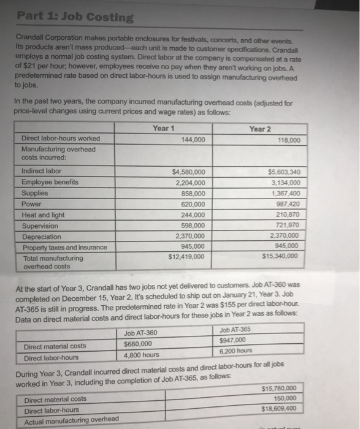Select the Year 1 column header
coord(163,128)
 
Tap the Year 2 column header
coord(259,129)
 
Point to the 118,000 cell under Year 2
coord(287,140)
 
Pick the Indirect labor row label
coord(42,171)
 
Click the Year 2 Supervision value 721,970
coord(284,225)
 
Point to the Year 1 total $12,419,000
coord(187,257)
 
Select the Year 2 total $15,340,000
coord(279,257)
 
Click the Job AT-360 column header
coord(140,333)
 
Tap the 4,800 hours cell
coord(142,355)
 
